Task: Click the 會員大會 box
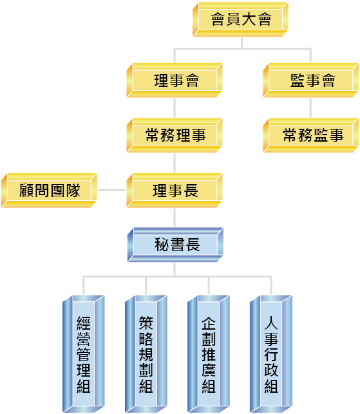(240, 19)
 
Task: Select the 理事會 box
(175, 80)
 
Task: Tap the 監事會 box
(310, 80)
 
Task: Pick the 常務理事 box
(175, 135)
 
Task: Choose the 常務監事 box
(310, 135)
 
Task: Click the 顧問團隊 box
(49, 191)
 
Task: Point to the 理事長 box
(175, 191)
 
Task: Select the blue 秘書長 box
(175, 245)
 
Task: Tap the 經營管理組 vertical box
(84, 354)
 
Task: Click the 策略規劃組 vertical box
(146, 354)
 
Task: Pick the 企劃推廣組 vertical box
(209, 354)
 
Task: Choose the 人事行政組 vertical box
(271, 354)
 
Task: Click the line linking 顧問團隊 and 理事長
(111, 190)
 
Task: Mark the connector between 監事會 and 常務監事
(310, 108)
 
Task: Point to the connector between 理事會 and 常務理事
(175, 108)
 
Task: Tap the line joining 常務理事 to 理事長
(175, 163)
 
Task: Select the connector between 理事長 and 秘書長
(175, 218)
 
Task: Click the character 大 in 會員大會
(249, 19)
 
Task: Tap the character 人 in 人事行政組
(271, 323)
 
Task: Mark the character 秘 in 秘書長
(162, 245)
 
